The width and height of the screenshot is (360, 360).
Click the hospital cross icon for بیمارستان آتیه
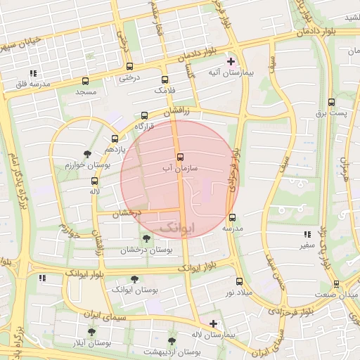pyautogui.click(x=231, y=61)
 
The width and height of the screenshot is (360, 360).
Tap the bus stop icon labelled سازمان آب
pyautogui.click(x=180, y=156)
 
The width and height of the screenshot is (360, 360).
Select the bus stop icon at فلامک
pyautogui.click(x=165, y=80)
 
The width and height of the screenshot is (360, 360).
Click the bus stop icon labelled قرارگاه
pyautogui.click(x=145, y=115)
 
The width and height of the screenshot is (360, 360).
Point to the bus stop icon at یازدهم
pyautogui.click(x=115, y=139)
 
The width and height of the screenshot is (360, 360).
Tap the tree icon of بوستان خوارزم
pyautogui.click(x=87, y=153)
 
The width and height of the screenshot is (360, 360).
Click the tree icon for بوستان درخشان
pyautogui.click(x=146, y=238)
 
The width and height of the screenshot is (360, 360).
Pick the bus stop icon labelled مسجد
pyautogui.click(x=86, y=81)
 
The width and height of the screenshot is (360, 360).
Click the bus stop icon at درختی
pyautogui.click(x=129, y=66)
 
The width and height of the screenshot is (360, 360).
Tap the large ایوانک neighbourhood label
pyautogui.click(x=173, y=228)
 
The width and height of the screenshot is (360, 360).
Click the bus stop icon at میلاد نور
pyautogui.click(x=239, y=281)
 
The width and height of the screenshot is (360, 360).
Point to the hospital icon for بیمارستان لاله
pyautogui.click(x=213, y=323)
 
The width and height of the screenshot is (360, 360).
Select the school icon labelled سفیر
pyautogui.click(x=307, y=234)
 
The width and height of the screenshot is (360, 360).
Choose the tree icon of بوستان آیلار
pyautogui.click(x=91, y=331)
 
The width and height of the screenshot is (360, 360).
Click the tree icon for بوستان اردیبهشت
pyautogui.click(x=172, y=341)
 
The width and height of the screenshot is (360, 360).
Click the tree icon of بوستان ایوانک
pyautogui.click(x=134, y=279)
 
